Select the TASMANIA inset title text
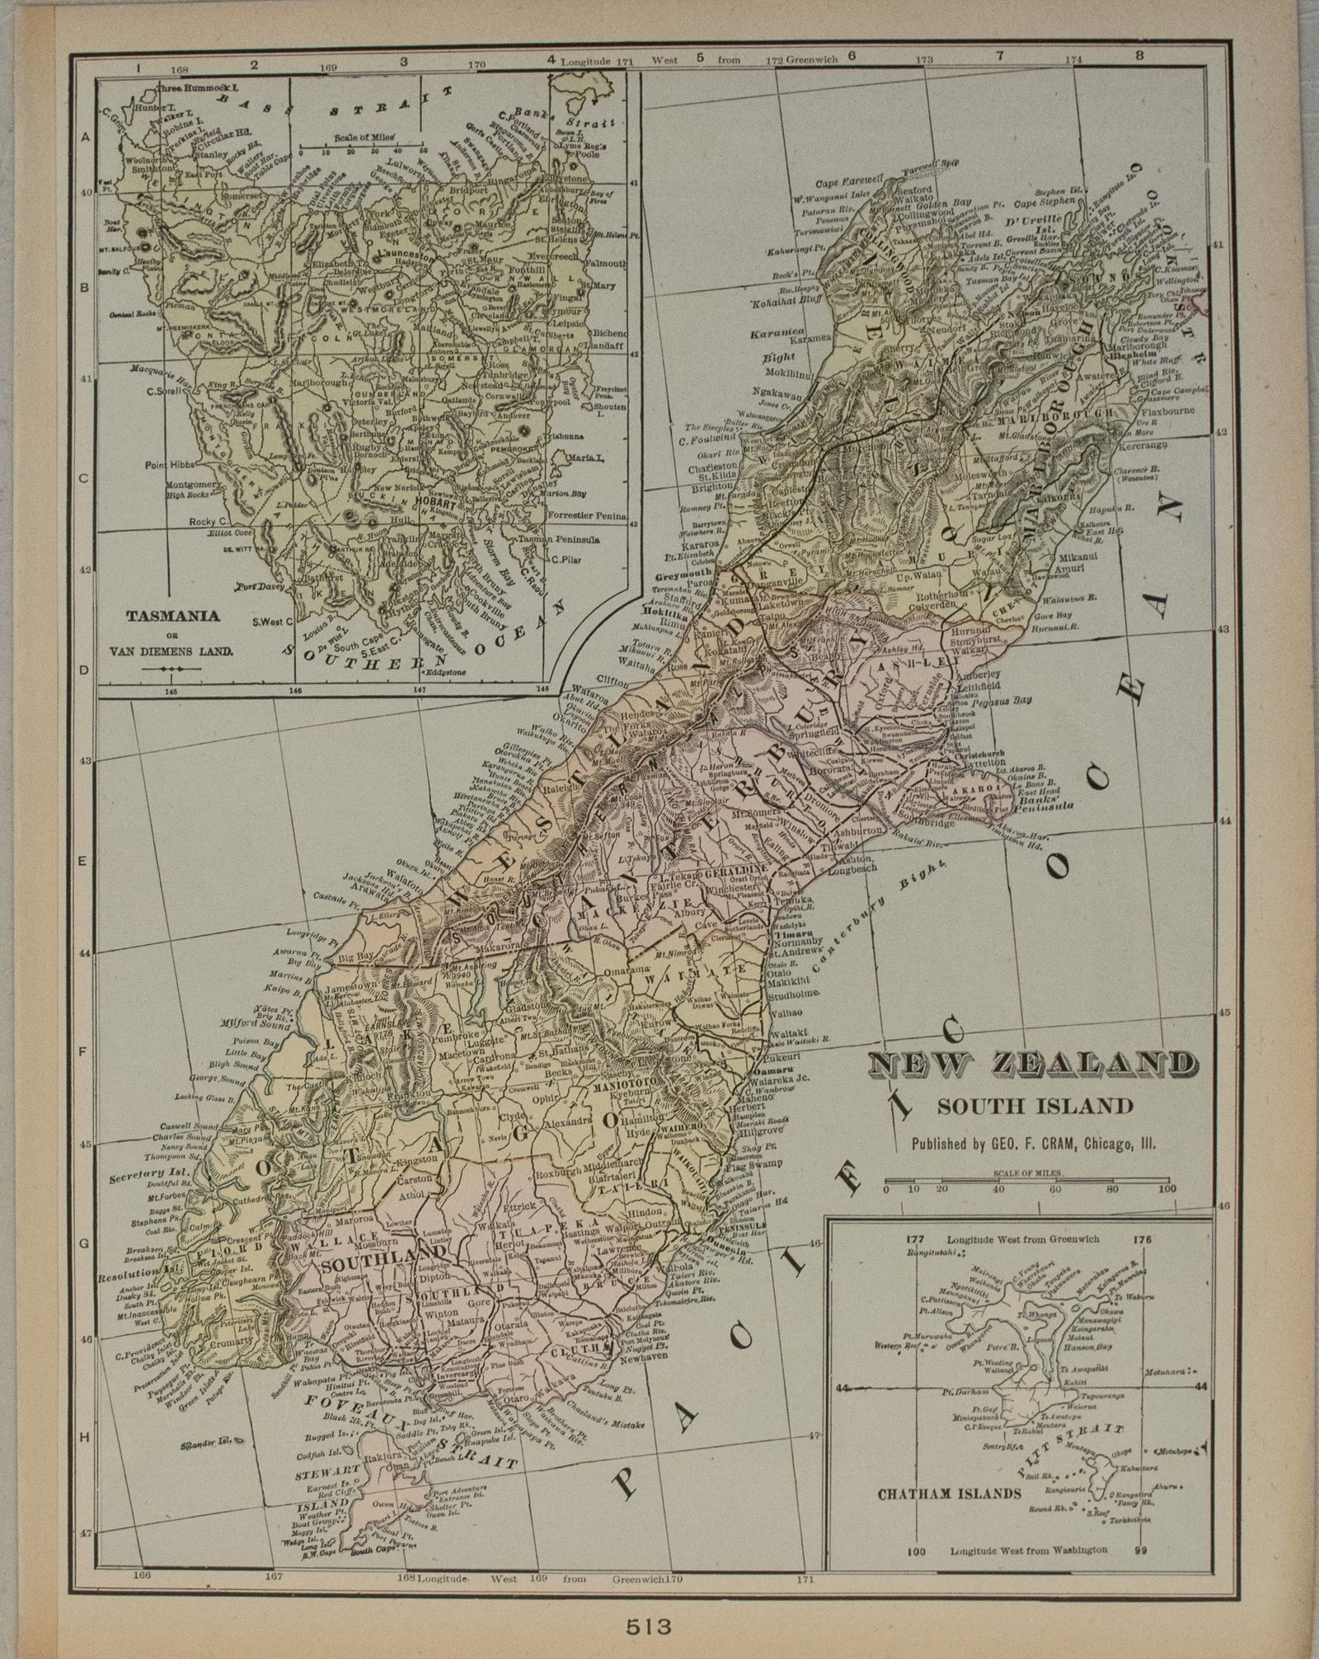(173, 615)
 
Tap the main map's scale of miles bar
(1026, 1177)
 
